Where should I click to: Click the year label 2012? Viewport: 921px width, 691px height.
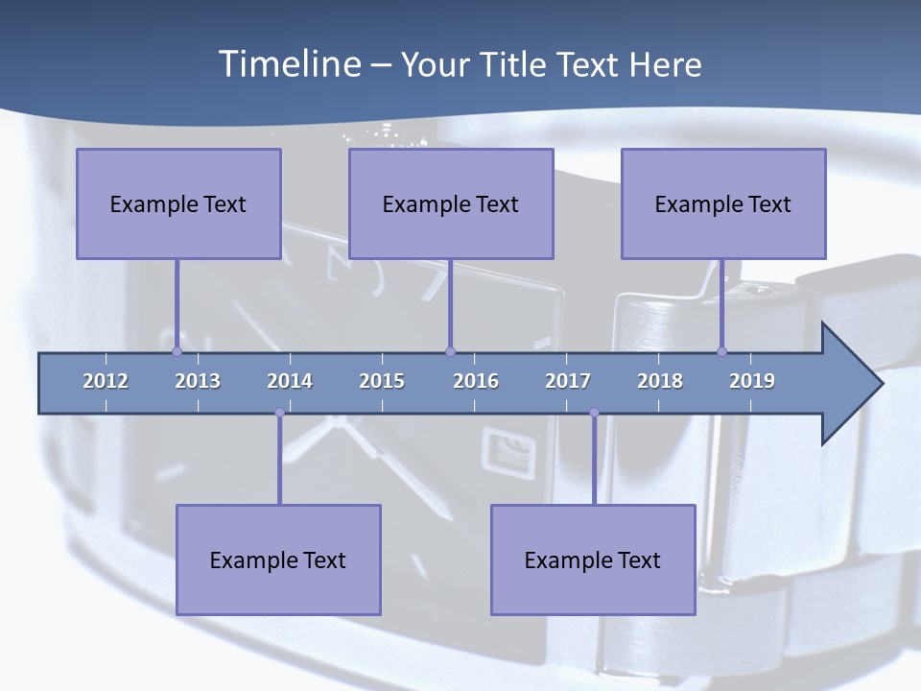click(106, 381)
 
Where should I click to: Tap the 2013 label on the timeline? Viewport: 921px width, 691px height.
click(198, 381)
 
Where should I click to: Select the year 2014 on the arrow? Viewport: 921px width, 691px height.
click(290, 381)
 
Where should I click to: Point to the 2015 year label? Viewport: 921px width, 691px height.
click(382, 381)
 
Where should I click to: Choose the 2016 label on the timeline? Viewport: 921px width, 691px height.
click(476, 381)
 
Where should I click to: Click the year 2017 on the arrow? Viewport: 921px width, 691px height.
click(568, 381)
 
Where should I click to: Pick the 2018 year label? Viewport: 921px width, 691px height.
click(660, 381)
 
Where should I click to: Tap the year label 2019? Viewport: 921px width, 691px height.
click(752, 381)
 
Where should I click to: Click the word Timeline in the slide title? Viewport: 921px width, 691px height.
click(289, 64)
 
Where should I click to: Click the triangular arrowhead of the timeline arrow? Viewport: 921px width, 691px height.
click(849, 384)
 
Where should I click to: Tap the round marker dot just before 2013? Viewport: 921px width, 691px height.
click(177, 351)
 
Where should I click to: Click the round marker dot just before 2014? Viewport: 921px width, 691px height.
click(279, 413)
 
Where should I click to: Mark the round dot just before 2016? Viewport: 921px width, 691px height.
click(450, 351)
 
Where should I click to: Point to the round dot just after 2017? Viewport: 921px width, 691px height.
click(594, 413)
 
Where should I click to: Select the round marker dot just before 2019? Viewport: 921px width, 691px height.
click(721, 351)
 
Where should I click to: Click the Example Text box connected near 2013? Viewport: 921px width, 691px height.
click(178, 203)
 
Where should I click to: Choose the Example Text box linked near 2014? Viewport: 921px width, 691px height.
click(278, 560)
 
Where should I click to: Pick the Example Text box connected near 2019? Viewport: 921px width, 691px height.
click(723, 203)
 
